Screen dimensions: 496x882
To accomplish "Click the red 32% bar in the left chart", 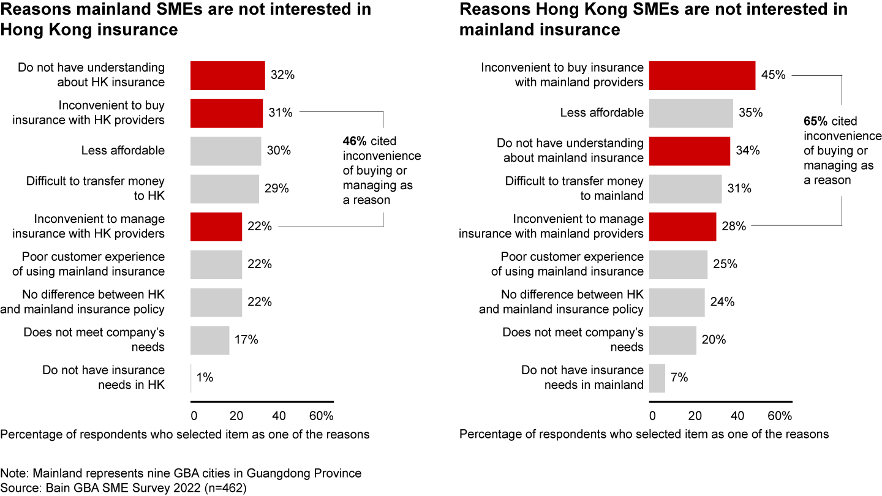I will pos(227,75).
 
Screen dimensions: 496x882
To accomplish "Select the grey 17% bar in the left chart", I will pos(210,340).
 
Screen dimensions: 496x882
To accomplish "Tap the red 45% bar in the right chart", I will pos(702,75).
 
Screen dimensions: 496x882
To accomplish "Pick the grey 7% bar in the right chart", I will pos(657,378).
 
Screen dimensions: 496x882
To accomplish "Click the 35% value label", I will pos(750,113).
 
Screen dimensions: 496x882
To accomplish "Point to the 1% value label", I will pos(205,378).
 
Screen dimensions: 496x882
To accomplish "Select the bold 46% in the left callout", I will pos(354,141).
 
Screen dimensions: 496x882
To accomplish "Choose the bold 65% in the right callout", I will pos(815,121).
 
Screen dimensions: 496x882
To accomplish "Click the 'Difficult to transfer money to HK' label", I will pos(95,189).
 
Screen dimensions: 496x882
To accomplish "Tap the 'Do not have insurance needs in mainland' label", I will pos(582,378).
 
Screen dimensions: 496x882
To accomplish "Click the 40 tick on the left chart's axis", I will pos(279,416).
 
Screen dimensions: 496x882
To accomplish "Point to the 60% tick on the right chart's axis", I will pos(780,416).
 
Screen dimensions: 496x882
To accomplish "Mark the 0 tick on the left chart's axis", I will pos(194,416).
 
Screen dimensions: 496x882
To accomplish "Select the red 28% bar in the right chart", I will pos(682,227).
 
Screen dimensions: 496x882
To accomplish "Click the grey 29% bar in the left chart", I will pos(224,189).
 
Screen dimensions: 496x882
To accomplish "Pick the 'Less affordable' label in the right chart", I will pos(602,113).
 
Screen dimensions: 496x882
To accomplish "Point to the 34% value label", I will pos(747,151).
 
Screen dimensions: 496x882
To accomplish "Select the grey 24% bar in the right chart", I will pos(677,302).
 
